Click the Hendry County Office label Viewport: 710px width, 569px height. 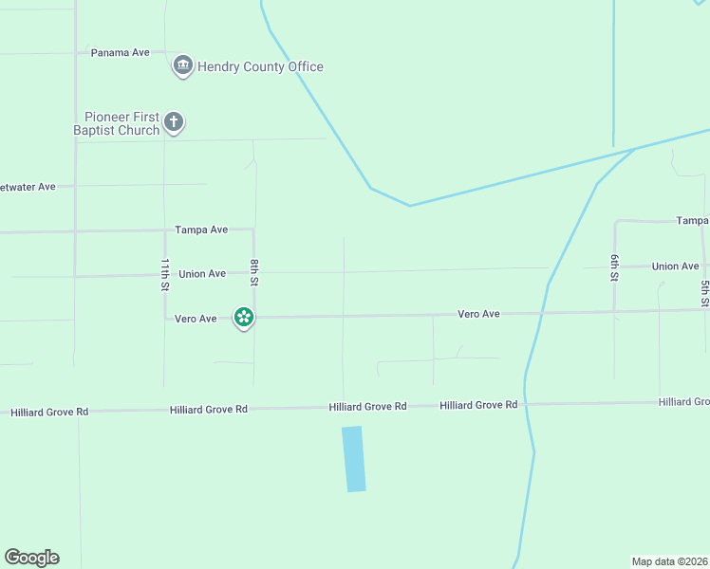click(260, 67)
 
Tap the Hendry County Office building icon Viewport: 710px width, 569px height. click(182, 66)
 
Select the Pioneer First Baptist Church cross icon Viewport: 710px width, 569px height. click(173, 121)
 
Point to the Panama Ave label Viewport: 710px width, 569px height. click(121, 53)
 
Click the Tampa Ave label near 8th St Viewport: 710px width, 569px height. click(201, 230)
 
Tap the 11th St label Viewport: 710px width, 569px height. click(165, 273)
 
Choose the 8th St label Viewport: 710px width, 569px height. click(254, 273)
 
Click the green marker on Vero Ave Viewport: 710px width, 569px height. click(244, 318)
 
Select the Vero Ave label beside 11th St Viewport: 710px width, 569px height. click(196, 320)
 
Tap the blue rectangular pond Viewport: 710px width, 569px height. click(353, 459)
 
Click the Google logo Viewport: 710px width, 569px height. click(31, 558)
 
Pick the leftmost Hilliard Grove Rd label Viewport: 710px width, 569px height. click(49, 413)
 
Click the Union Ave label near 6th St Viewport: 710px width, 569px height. click(676, 266)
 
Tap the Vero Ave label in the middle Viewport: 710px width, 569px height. click(478, 314)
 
